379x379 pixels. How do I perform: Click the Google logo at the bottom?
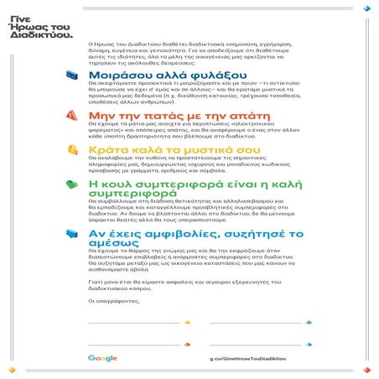(102, 359)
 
